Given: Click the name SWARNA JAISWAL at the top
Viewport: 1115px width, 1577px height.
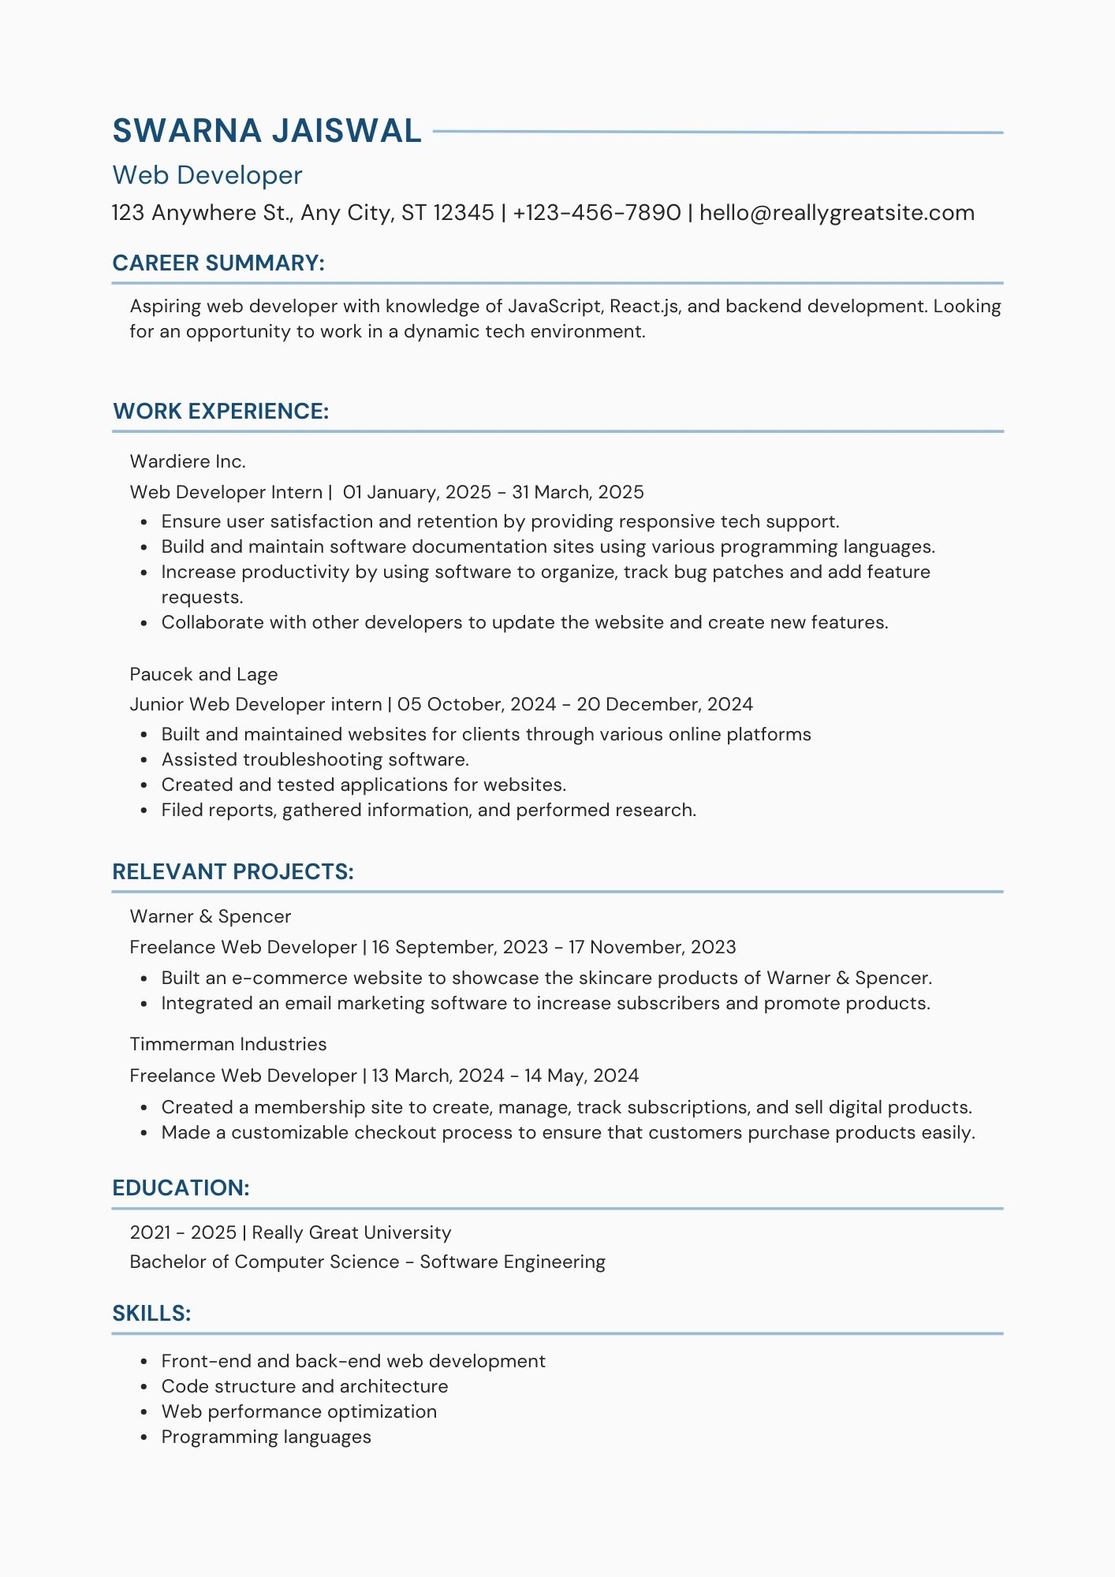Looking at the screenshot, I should (x=267, y=131).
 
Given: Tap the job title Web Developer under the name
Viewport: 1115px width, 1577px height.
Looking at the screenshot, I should (x=207, y=175).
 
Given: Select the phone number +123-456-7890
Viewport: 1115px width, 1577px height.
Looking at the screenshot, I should (x=596, y=213).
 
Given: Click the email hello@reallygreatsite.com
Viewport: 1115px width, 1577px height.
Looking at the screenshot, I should (x=837, y=213).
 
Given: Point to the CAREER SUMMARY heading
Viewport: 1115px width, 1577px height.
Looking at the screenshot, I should (x=218, y=263).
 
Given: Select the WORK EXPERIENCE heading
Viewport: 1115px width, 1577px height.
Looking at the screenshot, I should (x=221, y=412).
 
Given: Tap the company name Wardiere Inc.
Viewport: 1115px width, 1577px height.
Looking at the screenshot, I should (x=188, y=461).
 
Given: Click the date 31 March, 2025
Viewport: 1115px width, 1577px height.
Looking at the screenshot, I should (x=577, y=492).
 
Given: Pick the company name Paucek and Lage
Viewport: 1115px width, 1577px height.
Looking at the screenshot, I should (x=203, y=674).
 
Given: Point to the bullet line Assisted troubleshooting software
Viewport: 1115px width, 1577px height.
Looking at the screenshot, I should (x=315, y=759).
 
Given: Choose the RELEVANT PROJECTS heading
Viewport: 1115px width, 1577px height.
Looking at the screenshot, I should (x=233, y=872).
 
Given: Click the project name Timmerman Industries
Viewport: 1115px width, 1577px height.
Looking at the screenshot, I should (x=228, y=1044).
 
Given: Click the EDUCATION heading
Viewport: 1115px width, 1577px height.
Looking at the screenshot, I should (x=181, y=1188).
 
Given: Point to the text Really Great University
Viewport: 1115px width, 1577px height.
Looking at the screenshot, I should (x=351, y=1232).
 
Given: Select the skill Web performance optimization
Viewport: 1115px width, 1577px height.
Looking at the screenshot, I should (x=299, y=1411).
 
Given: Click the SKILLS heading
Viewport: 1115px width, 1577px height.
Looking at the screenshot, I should (x=151, y=1314).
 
